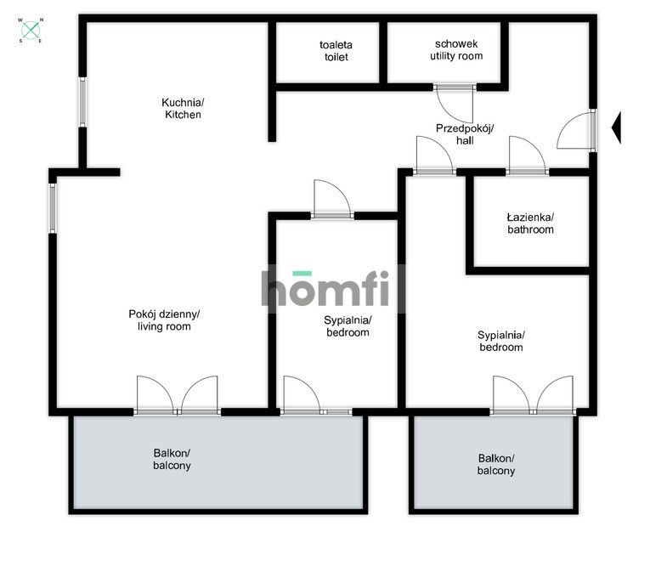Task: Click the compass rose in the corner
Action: click(x=31, y=30)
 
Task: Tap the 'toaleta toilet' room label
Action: click(x=336, y=51)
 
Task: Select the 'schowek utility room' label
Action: click(x=456, y=50)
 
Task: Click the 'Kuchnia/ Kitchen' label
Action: click(x=183, y=108)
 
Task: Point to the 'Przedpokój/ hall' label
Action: click(x=465, y=134)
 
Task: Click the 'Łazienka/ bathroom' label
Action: click(x=530, y=223)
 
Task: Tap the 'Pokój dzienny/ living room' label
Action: click(x=164, y=320)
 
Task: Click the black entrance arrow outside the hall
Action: click(x=616, y=127)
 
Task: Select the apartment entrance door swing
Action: click(x=574, y=131)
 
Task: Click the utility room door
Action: click(x=455, y=105)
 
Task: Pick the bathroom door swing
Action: click(x=527, y=154)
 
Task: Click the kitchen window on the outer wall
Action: click(x=83, y=102)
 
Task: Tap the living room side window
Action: click(x=53, y=208)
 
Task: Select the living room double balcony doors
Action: click(x=177, y=394)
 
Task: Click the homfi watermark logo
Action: click(x=325, y=289)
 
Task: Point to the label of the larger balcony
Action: click(x=172, y=459)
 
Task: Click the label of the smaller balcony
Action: click(x=496, y=464)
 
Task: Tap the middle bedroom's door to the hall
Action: click(x=332, y=198)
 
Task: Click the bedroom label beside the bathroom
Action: click(x=500, y=341)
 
